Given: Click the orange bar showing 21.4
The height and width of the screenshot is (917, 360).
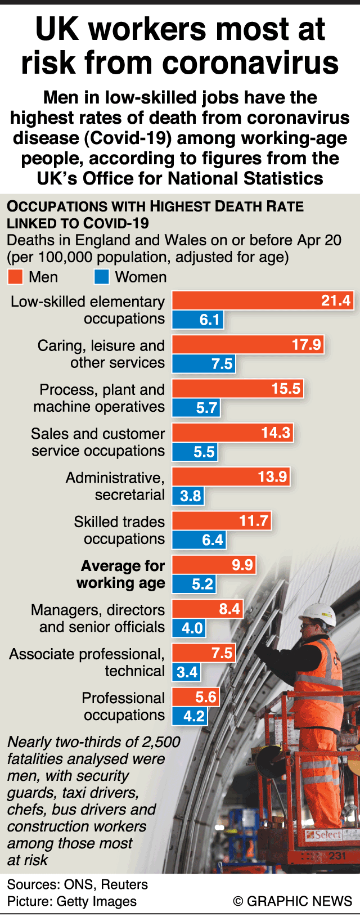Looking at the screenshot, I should (262, 300).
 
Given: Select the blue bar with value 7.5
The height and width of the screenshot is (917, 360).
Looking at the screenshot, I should (204, 364).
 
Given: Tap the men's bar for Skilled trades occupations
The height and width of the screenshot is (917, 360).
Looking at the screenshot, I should (222, 520).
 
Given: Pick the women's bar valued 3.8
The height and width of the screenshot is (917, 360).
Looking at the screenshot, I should (188, 496).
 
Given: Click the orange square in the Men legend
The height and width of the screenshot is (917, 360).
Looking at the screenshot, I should (15, 277).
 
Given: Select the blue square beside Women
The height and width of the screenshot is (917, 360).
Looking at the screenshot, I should (101, 277).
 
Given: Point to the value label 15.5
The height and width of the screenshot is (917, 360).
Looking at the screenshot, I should (286, 389).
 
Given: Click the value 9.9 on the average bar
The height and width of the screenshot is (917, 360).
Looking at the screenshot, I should (242, 565).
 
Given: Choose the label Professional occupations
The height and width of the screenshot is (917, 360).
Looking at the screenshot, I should (124, 706).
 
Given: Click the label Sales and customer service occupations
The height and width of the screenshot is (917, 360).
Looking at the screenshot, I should (98, 442).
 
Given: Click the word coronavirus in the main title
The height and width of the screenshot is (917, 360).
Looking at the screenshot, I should (251, 62).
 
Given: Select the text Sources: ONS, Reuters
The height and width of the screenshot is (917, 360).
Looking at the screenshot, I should (78, 884).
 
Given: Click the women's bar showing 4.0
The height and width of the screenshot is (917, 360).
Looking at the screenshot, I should (189, 628).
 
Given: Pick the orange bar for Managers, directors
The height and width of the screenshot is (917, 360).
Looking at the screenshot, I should (207, 609).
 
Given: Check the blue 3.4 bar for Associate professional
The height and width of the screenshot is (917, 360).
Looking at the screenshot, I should (186, 672).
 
